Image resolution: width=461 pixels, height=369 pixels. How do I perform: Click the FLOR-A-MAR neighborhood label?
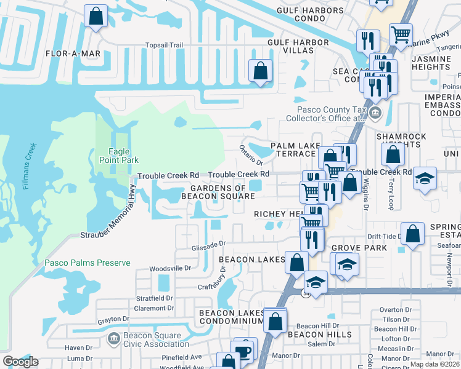click(73, 54)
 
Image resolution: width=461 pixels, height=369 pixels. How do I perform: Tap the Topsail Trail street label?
click(165, 45)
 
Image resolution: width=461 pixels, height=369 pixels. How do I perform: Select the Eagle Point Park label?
click(115, 156)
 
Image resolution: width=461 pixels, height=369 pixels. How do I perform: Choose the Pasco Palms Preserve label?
click(87, 263)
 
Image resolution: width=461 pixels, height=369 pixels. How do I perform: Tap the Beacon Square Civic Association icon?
click(113, 338)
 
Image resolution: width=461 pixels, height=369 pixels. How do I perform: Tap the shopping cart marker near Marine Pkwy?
click(401, 35)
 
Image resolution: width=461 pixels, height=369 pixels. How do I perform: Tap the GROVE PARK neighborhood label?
click(359, 248)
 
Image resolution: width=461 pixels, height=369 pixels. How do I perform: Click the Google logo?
click(21, 362)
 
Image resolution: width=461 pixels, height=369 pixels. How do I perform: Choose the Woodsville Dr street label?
click(171, 269)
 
